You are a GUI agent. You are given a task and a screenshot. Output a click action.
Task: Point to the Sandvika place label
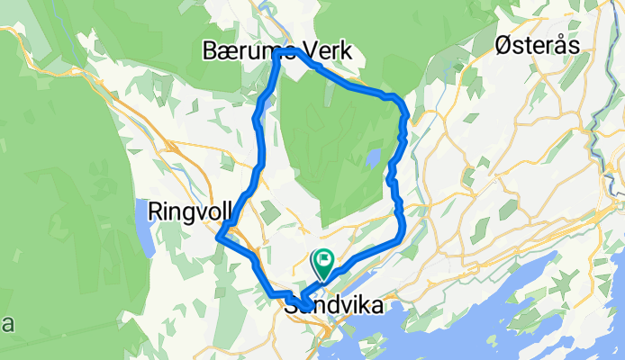coord(332,306)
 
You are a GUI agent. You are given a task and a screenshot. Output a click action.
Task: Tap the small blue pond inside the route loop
coord(371,160)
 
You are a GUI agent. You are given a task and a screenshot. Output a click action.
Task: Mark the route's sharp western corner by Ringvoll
coord(219,237)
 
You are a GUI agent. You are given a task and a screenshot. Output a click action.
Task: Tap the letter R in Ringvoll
coord(155,211)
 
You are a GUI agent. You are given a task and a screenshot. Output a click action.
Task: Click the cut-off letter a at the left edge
coord(5,324)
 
